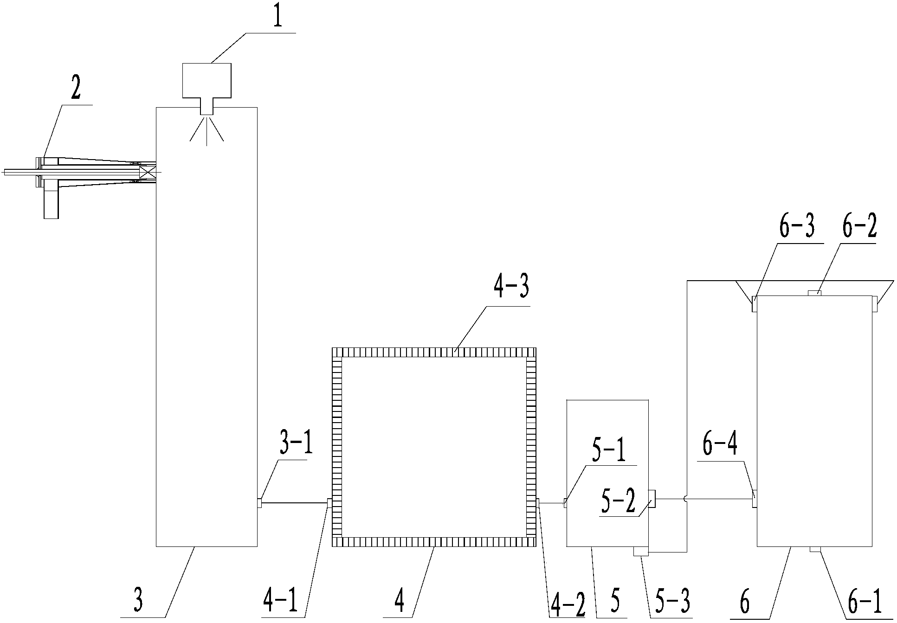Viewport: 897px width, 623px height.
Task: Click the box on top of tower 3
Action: pos(207,80)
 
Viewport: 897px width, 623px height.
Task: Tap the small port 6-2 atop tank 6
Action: pos(814,293)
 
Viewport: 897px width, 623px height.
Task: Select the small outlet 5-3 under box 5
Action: pos(641,551)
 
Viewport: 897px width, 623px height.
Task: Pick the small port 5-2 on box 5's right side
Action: pos(652,499)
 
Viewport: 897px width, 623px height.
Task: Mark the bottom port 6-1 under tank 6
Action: pos(815,550)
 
